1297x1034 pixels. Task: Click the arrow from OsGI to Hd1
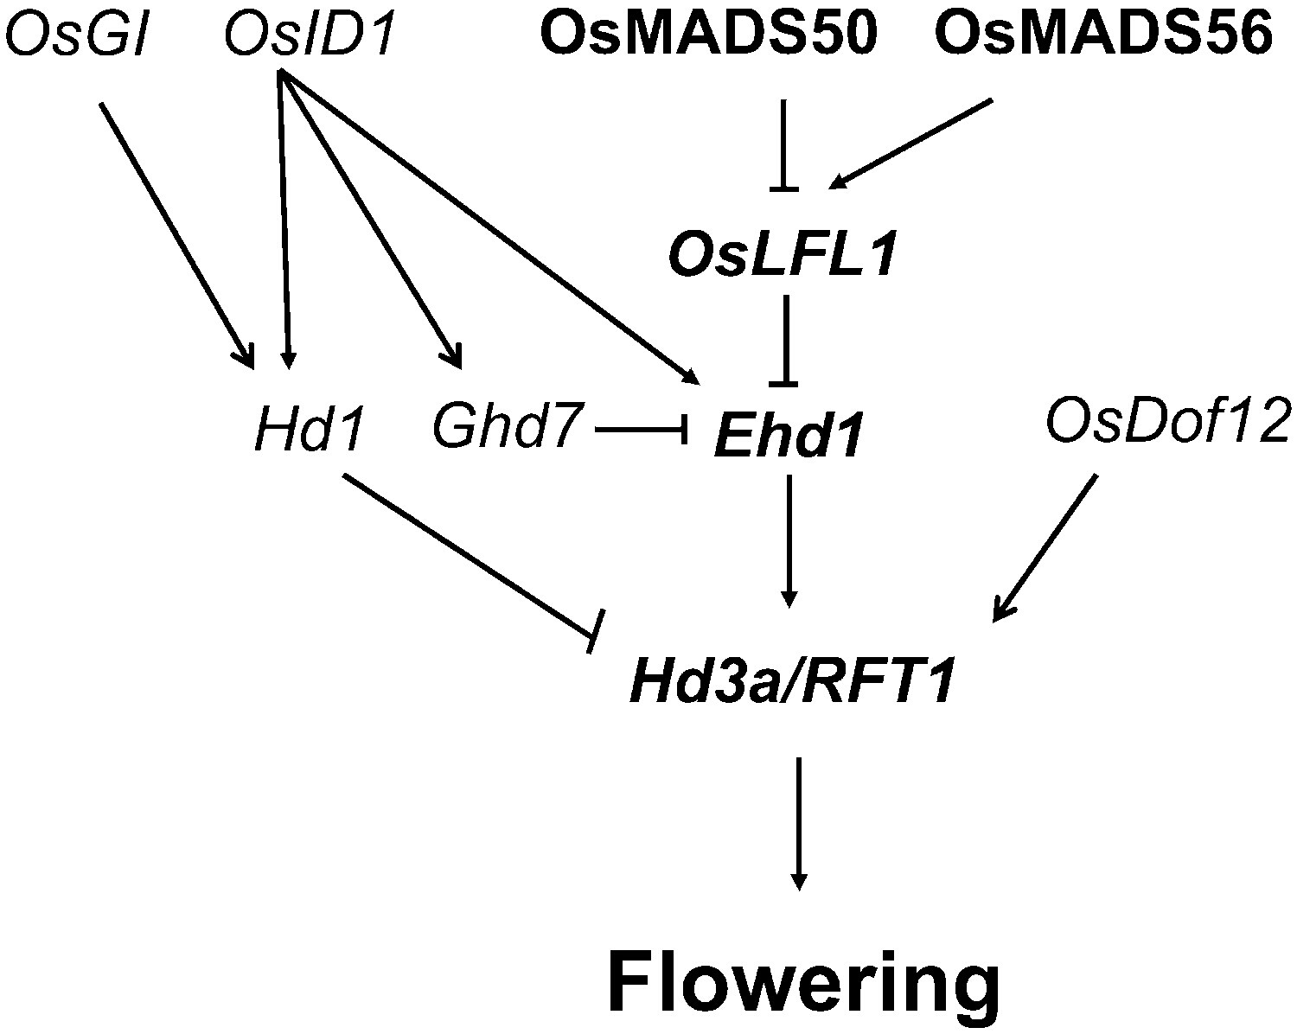(x=177, y=235)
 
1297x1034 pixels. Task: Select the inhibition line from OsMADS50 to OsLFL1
(x=784, y=145)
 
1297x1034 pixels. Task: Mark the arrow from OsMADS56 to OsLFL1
(x=910, y=144)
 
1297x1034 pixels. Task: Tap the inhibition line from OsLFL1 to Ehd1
(x=785, y=341)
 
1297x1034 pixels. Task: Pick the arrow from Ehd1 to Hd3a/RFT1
(x=789, y=542)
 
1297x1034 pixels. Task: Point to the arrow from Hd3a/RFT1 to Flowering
(x=799, y=824)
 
